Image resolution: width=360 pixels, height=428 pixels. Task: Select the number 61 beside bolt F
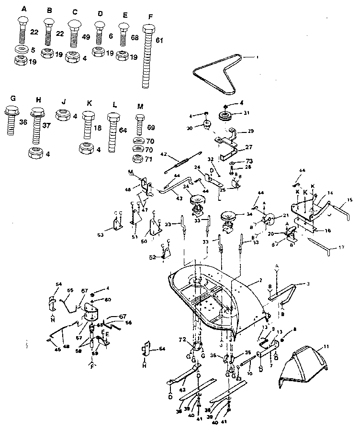(x=159, y=40)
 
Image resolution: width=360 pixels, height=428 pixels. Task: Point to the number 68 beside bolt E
(x=135, y=37)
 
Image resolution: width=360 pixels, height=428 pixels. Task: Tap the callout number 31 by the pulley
(x=247, y=113)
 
